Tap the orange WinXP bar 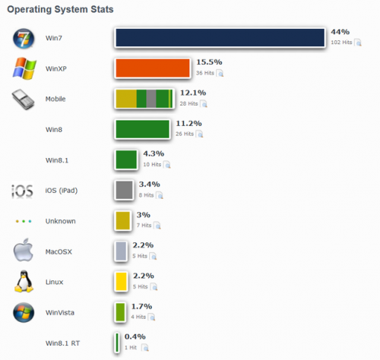pos(152,68)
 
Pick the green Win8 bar pos(142,128)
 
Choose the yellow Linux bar pos(120,282)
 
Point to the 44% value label pos(340,32)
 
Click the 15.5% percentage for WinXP pos(208,62)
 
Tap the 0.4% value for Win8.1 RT pos(135,336)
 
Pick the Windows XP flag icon pos(24,69)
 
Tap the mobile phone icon pos(23,99)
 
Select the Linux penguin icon pos(23,282)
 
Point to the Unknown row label pos(61,221)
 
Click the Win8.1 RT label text pos(63,343)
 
